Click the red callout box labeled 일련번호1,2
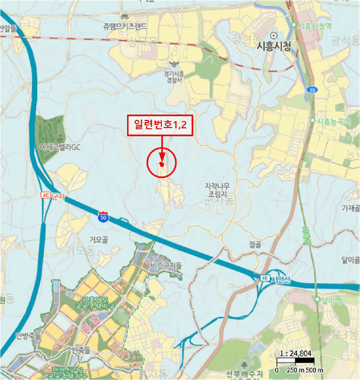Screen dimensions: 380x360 coord(161,125)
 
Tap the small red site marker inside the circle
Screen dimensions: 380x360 coord(161,163)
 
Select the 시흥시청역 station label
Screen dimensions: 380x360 coord(314,26)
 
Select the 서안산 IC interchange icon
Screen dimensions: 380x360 coord(264,278)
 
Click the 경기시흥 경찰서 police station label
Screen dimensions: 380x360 coord(174,76)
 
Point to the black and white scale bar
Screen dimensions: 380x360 coord(296,361)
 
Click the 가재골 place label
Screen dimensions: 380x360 coord(351,208)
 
